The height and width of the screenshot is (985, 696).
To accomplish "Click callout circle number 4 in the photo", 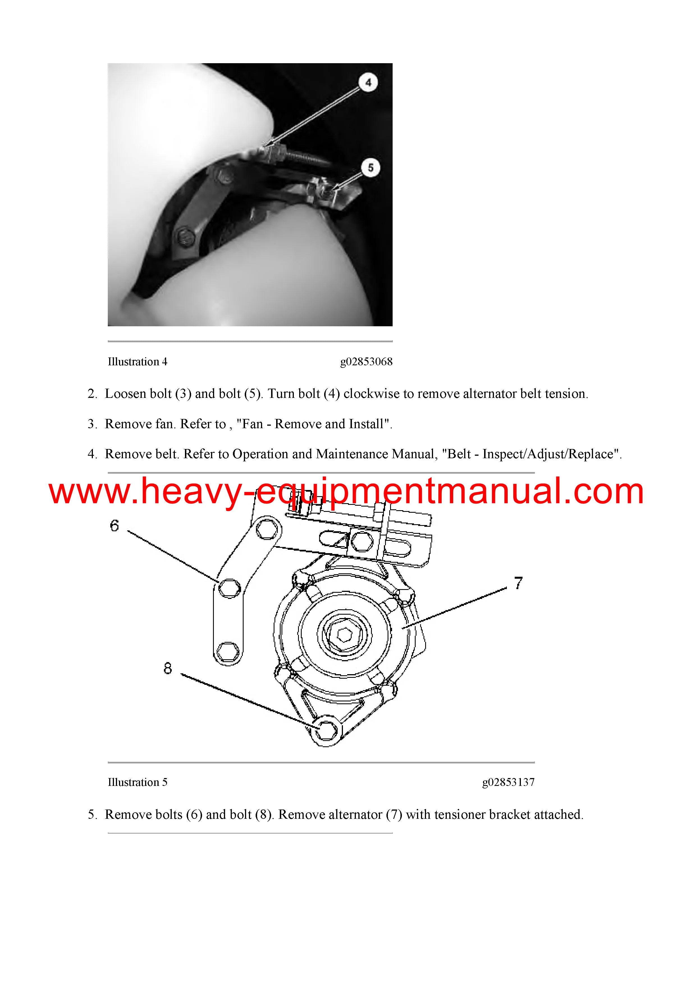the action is [368, 82].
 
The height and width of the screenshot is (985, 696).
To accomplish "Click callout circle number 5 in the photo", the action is [370, 167].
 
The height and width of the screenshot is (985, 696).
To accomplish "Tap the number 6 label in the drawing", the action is [114, 526].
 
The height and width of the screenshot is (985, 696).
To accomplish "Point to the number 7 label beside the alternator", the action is [518, 583].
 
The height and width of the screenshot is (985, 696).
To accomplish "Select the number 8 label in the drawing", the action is [168, 668].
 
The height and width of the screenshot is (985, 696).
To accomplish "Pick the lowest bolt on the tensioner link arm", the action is [228, 652].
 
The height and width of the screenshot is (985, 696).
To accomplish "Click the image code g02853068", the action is [366, 362].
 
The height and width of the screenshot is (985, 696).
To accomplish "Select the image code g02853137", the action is [508, 782].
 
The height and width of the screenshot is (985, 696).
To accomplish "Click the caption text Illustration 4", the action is [138, 362].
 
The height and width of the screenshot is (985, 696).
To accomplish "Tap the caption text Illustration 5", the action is [138, 782].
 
